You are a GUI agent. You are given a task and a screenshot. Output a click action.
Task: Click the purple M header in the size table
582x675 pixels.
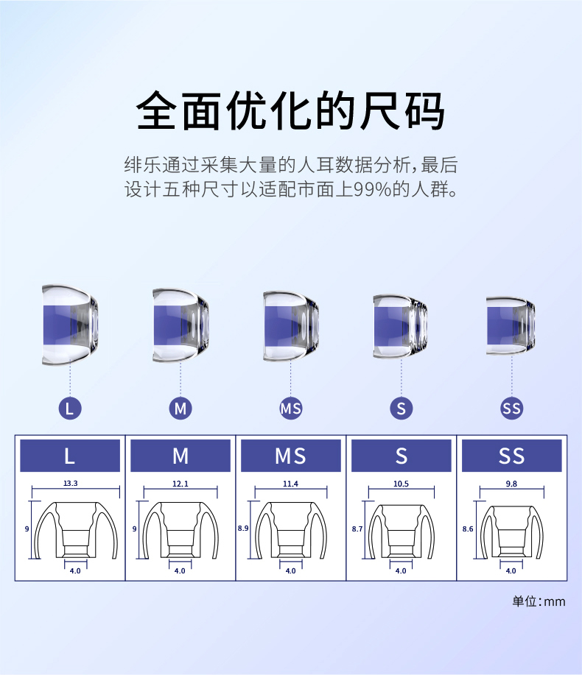tap(180, 456)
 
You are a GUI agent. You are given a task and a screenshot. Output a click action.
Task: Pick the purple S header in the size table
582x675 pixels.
tap(401, 456)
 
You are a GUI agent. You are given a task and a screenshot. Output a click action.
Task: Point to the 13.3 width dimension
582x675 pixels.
tap(71, 484)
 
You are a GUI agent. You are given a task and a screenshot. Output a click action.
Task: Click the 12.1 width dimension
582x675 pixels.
tap(180, 484)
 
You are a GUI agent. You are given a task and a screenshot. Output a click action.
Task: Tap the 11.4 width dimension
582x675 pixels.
tap(290, 484)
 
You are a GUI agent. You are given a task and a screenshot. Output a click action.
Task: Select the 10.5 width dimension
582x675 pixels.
tap(401, 484)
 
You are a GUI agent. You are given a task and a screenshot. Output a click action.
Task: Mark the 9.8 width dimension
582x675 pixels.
tap(511, 484)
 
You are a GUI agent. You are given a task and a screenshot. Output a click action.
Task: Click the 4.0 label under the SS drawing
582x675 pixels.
tap(511, 570)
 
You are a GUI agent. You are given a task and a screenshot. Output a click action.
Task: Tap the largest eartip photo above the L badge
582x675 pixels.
tap(69, 324)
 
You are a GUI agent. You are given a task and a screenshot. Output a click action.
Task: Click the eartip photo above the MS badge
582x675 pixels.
tap(291, 324)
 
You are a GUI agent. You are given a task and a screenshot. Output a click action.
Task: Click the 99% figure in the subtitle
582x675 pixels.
tap(369, 190)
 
